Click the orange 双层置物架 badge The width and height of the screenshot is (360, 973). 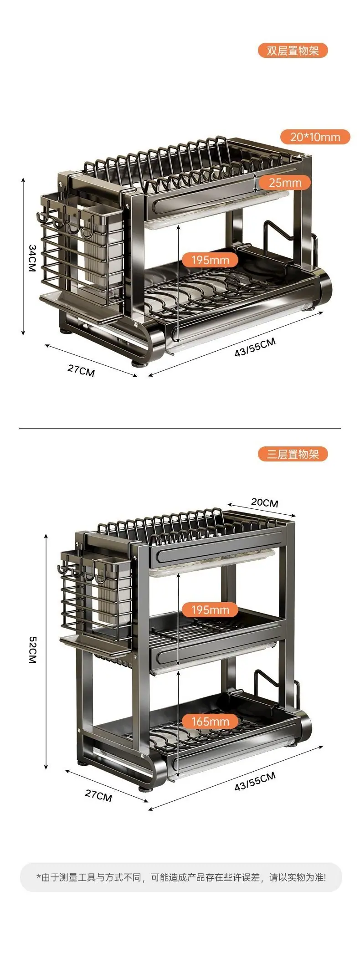pos(293,51)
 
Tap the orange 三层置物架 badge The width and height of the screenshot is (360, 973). pos(293,454)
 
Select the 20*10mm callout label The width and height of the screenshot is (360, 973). pos(315,137)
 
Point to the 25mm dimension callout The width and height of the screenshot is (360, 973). pos(285,183)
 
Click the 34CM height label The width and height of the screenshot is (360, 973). pos(32,258)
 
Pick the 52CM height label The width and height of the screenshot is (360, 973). pos(32,650)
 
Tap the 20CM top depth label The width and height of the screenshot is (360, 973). pos(265,502)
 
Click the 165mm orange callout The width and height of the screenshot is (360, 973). pos(210,722)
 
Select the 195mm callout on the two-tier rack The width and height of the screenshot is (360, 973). pos(210,260)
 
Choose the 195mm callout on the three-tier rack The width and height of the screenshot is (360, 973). pos(210,609)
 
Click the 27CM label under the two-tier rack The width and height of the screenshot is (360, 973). pos(81,370)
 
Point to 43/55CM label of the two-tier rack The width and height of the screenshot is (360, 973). pos(255,347)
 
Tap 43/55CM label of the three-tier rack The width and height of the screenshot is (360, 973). pos(255,781)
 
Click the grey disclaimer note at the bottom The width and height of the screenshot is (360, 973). pos(181,877)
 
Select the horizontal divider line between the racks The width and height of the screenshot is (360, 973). pos(180,428)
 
